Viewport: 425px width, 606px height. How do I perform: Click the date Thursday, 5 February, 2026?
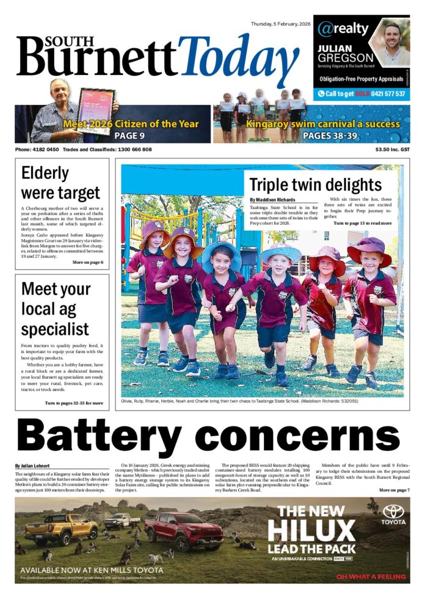click(x=281, y=24)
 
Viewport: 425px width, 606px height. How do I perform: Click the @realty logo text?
click(x=343, y=29)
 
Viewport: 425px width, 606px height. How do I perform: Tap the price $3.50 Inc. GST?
click(x=393, y=150)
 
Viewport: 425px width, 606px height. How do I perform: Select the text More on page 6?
click(x=87, y=262)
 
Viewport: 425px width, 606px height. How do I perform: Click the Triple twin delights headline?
click(x=315, y=185)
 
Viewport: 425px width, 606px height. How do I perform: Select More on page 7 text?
click(x=394, y=490)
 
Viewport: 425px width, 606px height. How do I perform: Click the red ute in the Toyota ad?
click(x=183, y=529)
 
